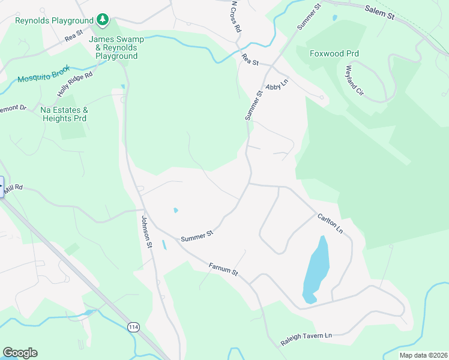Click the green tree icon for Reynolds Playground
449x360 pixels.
pos(103,20)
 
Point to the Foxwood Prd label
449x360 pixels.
pos(334,53)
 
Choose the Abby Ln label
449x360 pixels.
pos(277,85)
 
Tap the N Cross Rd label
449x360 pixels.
pos(236,16)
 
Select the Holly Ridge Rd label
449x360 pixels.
pos(75,84)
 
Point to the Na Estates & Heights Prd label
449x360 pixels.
pos(64,114)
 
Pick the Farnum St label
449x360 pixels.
pos(223,269)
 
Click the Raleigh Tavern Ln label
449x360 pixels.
pos(306,339)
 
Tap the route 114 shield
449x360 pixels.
pos(134,327)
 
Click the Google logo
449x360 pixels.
pos(20,353)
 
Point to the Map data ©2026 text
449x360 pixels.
pos(423,355)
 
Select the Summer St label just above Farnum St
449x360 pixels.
pos(197,235)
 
